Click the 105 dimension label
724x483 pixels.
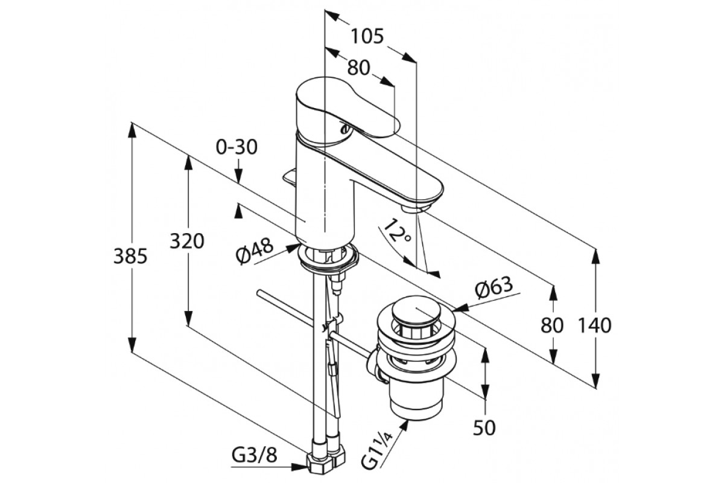pyautogui.click(x=367, y=36)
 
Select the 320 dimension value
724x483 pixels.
pyautogui.click(x=187, y=241)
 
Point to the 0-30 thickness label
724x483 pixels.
pyautogui.click(x=237, y=147)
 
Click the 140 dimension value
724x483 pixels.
pyautogui.click(x=595, y=325)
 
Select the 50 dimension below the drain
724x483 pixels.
pyautogui.click(x=484, y=427)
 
